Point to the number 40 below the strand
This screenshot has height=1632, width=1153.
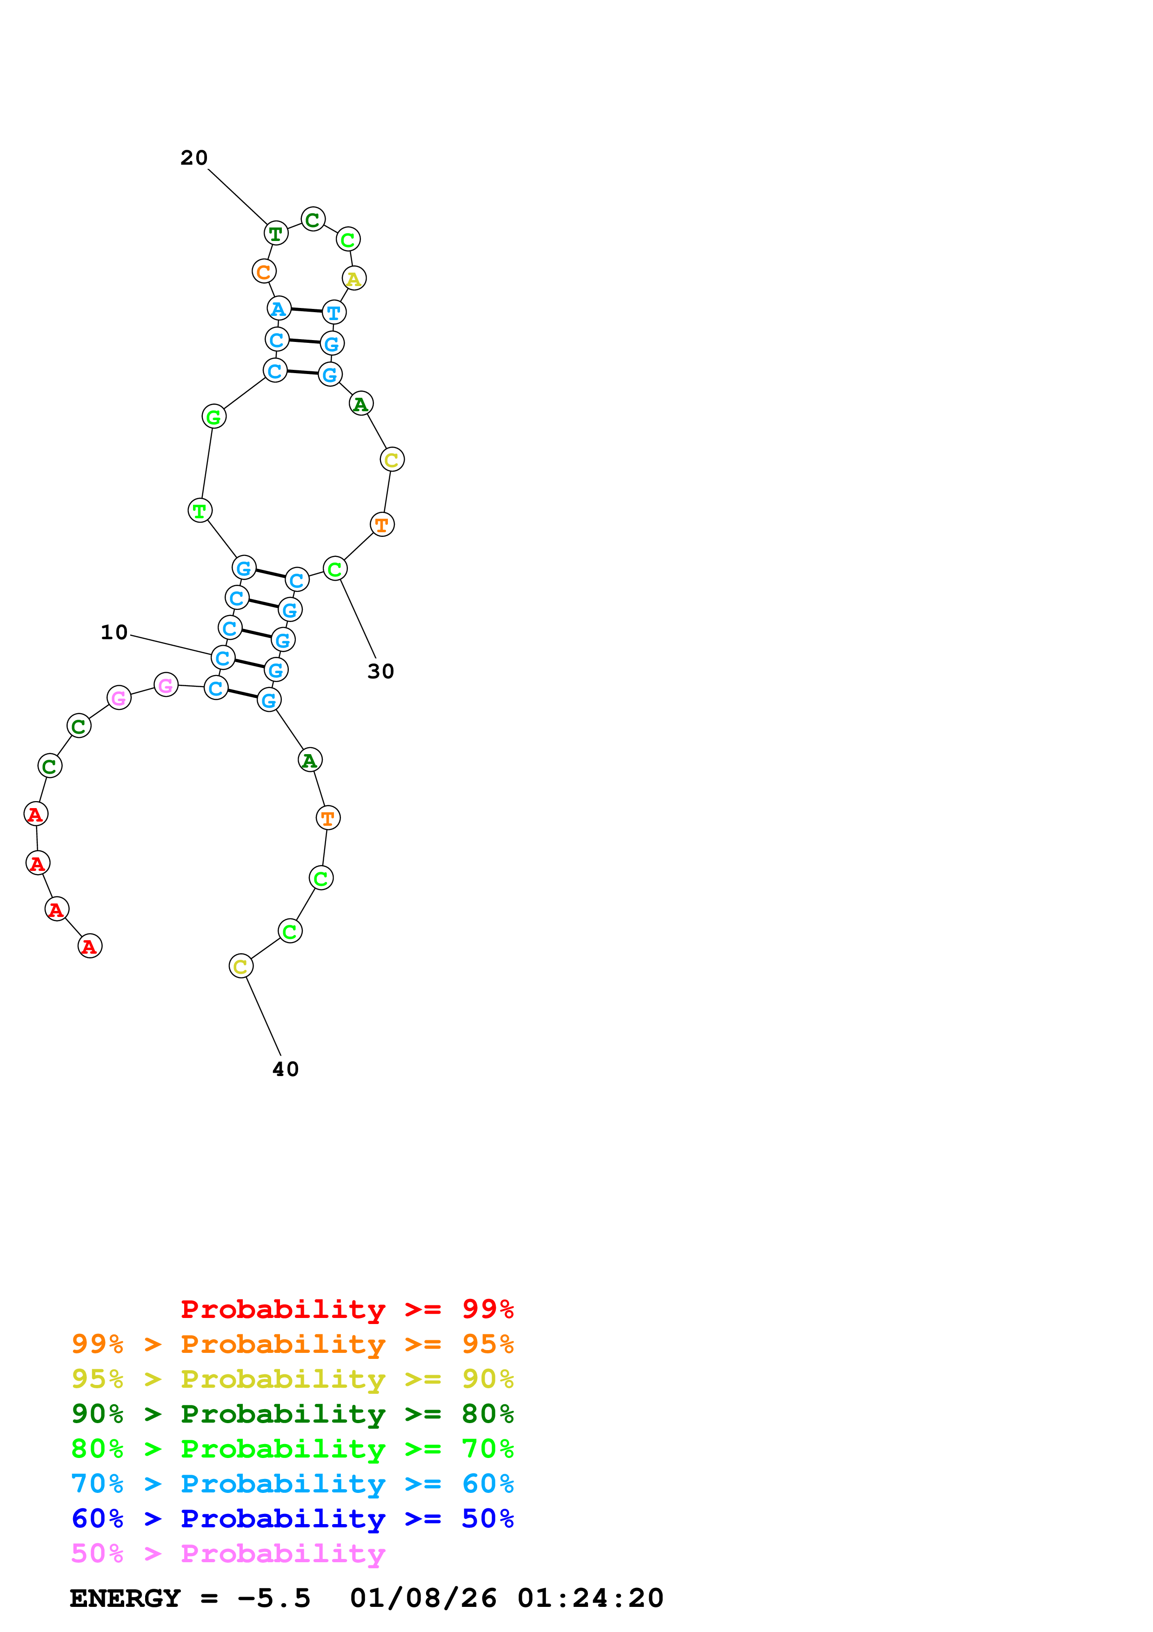pos(286,1069)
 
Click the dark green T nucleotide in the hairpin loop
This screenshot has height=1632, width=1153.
pos(276,233)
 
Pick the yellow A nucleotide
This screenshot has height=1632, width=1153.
pos(354,279)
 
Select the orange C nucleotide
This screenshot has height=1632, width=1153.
pos(264,272)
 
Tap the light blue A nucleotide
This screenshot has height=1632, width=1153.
pos(279,308)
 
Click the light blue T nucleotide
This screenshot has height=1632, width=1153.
pos(334,312)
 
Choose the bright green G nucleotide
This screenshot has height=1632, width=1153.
pos(214,416)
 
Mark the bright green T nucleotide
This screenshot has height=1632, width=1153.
pos(200,510)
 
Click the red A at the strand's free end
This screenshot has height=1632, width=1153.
pos(89,946)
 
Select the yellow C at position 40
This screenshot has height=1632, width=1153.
pos(241,966)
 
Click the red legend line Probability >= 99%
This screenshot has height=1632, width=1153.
pos(347,1309)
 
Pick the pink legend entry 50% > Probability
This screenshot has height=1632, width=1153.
pos(228,1554)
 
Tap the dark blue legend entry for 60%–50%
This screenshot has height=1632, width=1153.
pos(292,1519)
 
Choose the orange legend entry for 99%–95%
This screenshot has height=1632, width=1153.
pos(292,1344)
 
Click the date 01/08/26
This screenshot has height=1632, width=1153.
pos(423,1599)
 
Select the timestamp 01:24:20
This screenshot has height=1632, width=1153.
pos(590,1599)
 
